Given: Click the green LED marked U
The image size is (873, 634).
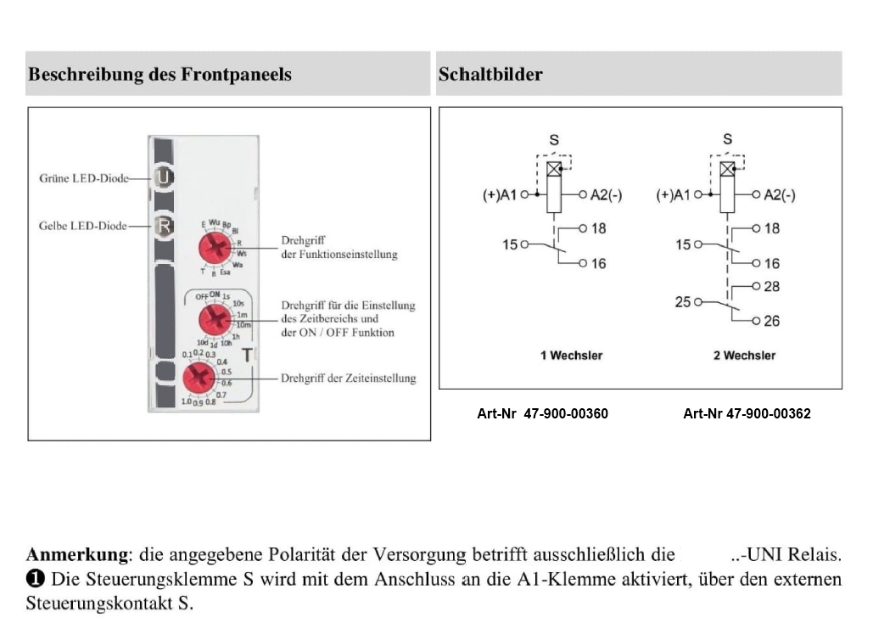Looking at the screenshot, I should (165, 177).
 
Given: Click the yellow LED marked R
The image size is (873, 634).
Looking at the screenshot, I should (165, 226).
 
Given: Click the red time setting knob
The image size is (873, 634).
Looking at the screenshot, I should (199, 377).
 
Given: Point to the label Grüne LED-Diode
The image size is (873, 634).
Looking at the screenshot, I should (84, 178).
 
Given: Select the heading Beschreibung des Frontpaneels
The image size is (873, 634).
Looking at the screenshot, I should (159, 75).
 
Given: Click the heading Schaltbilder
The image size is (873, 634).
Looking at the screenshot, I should (490, 75).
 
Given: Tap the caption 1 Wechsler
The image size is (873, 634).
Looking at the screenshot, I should (571, 356).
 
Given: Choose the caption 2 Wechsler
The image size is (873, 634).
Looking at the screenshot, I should (744, 356).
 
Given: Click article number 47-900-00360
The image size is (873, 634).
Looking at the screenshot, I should (543, 414).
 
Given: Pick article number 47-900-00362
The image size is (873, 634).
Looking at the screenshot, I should (747, 414).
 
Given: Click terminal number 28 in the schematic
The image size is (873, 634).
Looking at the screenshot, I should (771, 287).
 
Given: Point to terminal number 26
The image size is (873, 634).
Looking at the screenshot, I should (771, 321).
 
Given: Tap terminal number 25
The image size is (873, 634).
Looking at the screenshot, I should (683, 301).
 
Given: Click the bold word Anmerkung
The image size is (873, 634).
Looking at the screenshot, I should (77, 556).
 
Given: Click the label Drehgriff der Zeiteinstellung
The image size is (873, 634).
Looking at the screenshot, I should (348, 379).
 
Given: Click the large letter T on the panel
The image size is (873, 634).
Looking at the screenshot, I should (248, 356).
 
